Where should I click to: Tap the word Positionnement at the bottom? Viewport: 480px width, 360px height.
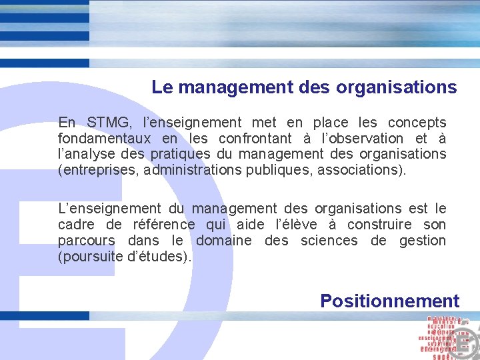tap(389, 301)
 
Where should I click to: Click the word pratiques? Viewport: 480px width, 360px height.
tap(178, 154)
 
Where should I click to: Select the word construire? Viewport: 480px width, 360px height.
tap(377, 225)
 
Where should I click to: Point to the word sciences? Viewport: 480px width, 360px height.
tap(329, 241)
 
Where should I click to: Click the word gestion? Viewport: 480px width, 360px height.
tap(423, 241)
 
